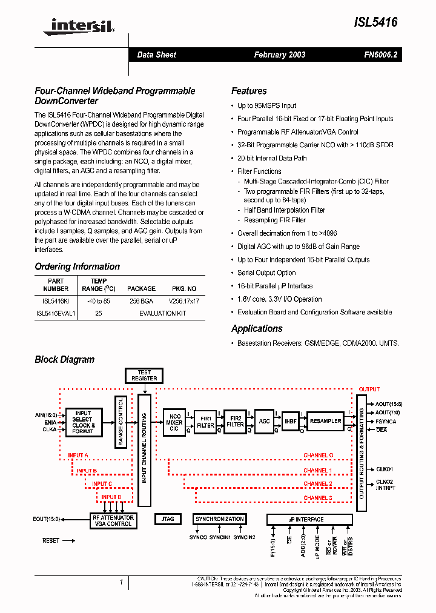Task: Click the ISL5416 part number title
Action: click(375, 22)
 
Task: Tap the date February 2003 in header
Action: click(279, 55)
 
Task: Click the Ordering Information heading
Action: click(77, 267)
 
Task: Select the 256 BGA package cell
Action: click(141, 300)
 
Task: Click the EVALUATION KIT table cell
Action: click(162, 313)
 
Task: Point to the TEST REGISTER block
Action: click(144, 376)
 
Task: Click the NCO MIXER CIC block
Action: click(174, 422)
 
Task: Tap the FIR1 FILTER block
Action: click(205, 422)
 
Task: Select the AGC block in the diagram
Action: click(264, 422)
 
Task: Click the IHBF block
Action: click(290, 422)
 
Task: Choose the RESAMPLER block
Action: click(325, 421)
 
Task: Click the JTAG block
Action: click(168, 519)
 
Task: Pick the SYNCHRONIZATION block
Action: click(219, 519)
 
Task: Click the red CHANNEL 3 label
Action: click(317, 498)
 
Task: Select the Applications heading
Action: click(257, 328)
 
